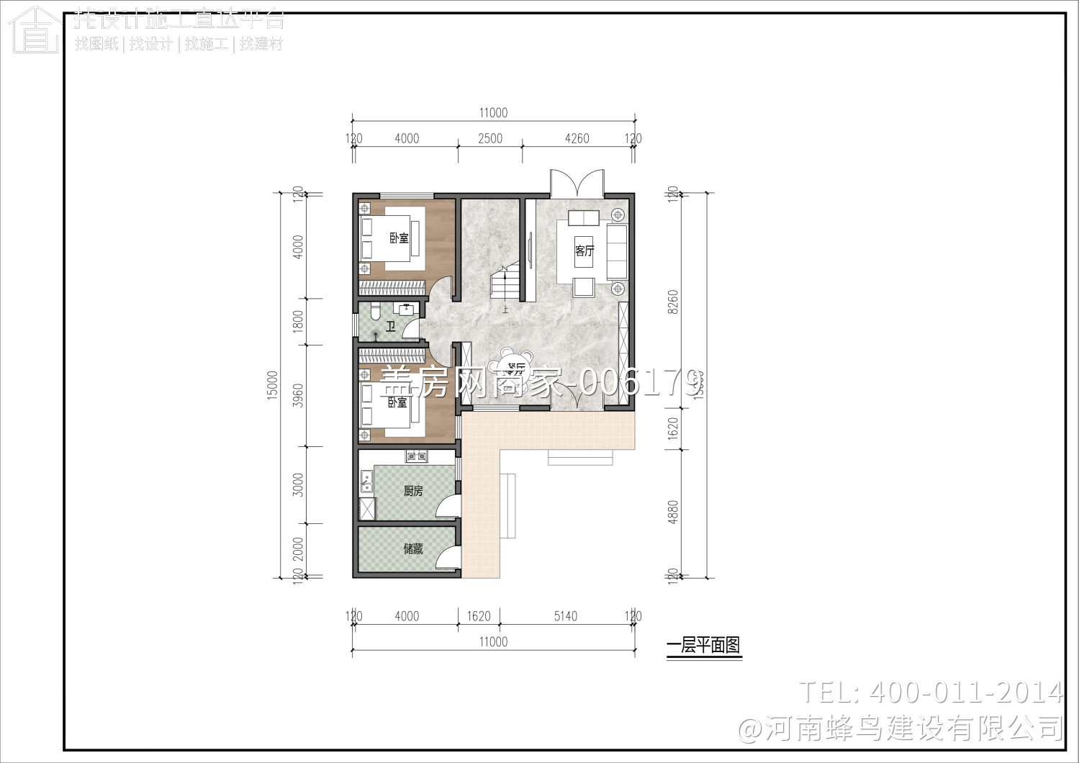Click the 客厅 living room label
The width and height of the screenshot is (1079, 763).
click(x=584, y=250)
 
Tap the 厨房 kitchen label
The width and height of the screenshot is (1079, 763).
click(x=413, y=491)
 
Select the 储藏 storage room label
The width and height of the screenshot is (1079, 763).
click(x=413, y=548)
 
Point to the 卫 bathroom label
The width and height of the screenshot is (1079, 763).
click(x=390, y=327)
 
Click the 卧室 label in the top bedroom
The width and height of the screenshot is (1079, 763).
click(x=399, y=238)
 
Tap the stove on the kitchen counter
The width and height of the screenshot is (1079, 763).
click(x=416, y=456)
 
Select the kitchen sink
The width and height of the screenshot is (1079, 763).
click(x=366, y=481)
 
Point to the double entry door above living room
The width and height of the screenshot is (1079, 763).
click(x=577, y=183)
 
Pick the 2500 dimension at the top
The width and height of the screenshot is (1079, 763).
click(x=490, y=138)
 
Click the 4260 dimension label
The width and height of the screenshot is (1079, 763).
click(x=577, y=138)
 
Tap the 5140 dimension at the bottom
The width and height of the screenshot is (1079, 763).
click(x=565, y=616)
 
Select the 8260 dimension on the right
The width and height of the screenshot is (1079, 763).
click(x=673, y=302)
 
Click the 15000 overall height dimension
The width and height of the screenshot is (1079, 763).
click(x=272, y=385)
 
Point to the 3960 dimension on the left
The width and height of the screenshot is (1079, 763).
click(x=298, y=395)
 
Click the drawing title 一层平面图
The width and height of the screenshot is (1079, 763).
click(x=703, y=646)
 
